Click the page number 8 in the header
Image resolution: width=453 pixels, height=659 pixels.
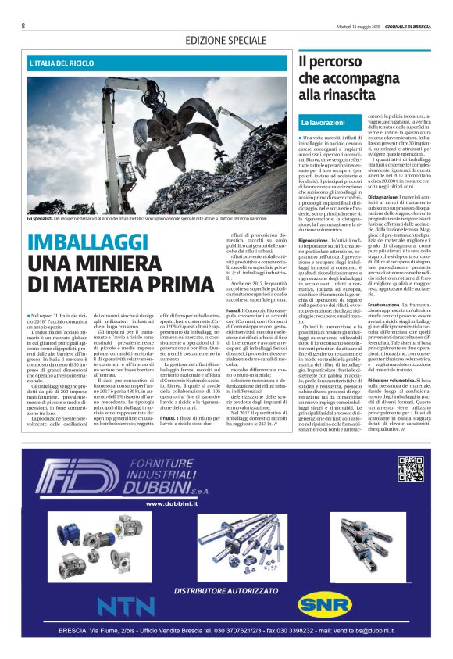pyautogui.click(x=23, y=26)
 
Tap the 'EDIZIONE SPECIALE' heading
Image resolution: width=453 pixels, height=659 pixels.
pyautogui.click(x=226, y=40)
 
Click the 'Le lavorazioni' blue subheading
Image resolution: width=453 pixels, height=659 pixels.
pyautogui.click(x=323, y=123)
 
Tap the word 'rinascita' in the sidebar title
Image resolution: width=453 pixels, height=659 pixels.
pyautogui.click(x=339, y=94)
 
